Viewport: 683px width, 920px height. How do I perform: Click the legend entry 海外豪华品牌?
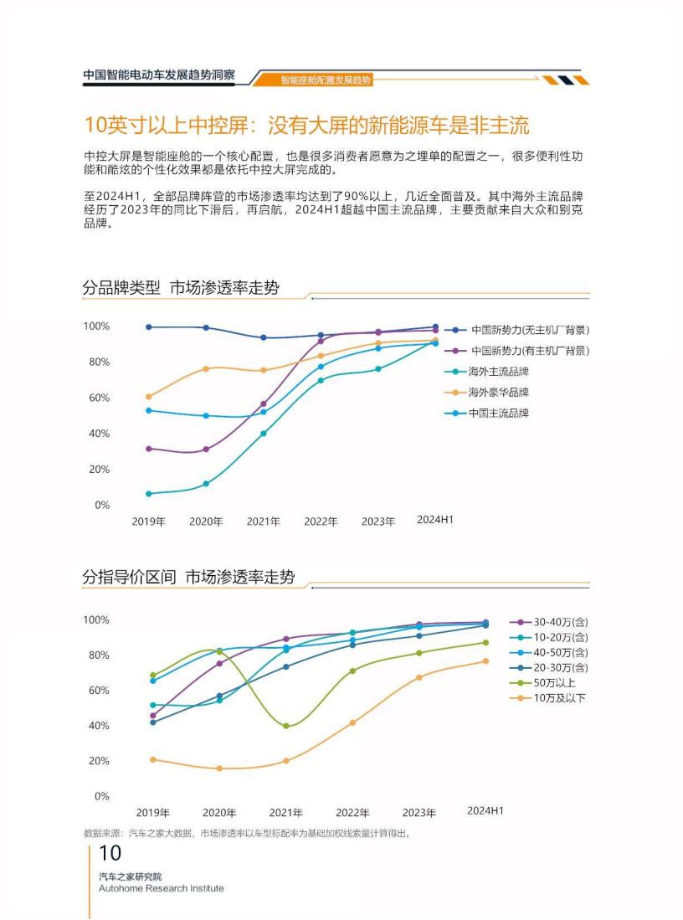(498, 393)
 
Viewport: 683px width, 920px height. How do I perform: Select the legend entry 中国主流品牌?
(498, 413)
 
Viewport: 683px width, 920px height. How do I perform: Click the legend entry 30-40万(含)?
(560, 622)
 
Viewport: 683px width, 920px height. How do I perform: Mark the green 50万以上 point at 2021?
(286, 726)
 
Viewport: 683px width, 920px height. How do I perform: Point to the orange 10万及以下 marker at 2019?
(152, 759)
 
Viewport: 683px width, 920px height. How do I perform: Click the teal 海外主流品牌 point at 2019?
(149, 494)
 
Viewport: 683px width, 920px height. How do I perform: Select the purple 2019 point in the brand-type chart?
(149, 449)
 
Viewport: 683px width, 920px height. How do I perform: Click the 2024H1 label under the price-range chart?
(485, 810)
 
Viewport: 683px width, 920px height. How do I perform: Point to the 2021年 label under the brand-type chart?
(263, 522)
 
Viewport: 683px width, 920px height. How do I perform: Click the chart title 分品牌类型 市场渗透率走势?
(180, 288)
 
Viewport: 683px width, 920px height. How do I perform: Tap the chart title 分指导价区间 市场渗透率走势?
(188, 578)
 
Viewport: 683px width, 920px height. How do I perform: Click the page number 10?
(110, 854)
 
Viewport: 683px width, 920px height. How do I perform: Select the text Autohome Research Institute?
(161, 888)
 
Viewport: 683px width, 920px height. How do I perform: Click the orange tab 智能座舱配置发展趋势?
(326, 80)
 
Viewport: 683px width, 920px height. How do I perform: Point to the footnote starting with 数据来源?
(247, 833)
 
